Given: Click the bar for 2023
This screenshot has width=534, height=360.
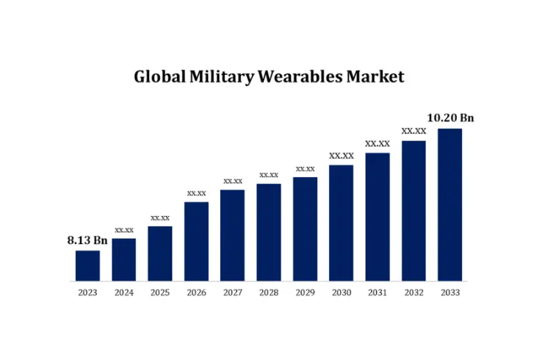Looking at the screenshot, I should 87,265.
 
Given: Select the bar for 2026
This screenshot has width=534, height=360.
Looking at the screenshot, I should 196,241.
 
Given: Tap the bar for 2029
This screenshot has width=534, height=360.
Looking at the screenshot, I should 305,228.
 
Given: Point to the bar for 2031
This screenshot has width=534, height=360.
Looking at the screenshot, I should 378,217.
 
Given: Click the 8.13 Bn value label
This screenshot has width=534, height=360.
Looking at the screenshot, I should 87,240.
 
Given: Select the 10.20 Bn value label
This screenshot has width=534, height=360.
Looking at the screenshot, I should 450,118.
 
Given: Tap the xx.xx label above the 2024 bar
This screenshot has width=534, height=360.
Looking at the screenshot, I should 124,230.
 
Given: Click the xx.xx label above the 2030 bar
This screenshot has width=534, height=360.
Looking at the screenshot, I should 341,156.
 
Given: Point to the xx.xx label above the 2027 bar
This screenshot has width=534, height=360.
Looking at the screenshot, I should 233,181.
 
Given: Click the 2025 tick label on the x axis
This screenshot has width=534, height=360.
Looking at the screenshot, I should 160,293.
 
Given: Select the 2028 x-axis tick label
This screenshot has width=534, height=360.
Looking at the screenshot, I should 269,293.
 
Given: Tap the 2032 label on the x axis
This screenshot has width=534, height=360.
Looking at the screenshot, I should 414,293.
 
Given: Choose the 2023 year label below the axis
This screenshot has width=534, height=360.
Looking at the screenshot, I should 87,293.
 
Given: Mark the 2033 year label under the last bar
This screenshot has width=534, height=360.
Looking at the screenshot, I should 450,293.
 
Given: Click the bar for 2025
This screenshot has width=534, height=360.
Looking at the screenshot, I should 160,253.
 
